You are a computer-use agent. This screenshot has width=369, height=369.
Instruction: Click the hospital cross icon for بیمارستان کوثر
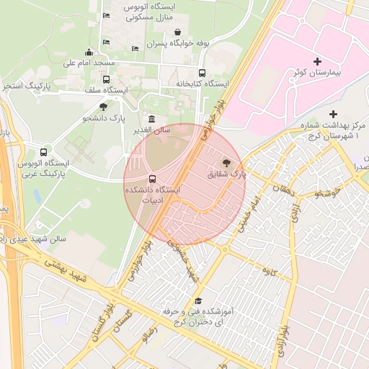coord(317,61)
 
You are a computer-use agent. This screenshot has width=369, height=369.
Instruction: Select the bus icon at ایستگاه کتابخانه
coord(202,73)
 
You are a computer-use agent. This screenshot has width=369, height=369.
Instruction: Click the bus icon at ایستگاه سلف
coord(107,79)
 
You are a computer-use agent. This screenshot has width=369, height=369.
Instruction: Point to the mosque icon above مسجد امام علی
coord(89,52)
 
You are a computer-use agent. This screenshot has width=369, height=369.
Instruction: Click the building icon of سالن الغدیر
coord(151,119)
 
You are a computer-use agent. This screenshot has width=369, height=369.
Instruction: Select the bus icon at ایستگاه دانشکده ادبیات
coord(151,179)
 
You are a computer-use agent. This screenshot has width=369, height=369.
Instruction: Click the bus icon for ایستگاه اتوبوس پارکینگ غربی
coord(44,153)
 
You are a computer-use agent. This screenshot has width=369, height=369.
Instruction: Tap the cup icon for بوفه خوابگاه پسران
coord(177,32)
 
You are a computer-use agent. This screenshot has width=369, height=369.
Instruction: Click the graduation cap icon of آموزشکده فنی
coord(198,301)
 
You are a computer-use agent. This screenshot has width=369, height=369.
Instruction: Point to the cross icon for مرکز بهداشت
coord(332,114)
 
